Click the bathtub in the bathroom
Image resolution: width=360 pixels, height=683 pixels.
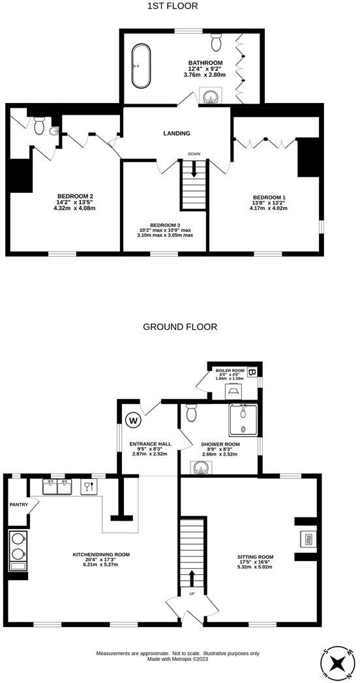(141, 66)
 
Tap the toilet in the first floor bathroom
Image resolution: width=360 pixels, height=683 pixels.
(217, 43)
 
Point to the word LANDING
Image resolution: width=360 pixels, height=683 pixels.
(177, 134)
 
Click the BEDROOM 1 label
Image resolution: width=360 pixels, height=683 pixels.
(269, 197)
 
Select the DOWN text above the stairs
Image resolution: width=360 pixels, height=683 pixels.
(194, 154)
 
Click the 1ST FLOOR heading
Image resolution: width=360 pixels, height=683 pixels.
(173, 7)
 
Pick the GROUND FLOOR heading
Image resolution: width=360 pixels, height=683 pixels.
(180, 327)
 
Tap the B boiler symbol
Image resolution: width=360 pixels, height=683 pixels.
(253, 373)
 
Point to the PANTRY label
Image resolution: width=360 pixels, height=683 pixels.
(18, 504)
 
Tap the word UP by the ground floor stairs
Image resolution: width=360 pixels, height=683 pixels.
(192, 594)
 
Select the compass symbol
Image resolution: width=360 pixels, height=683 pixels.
(338, 663)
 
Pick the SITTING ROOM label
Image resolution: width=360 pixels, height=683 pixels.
(255, 557)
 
